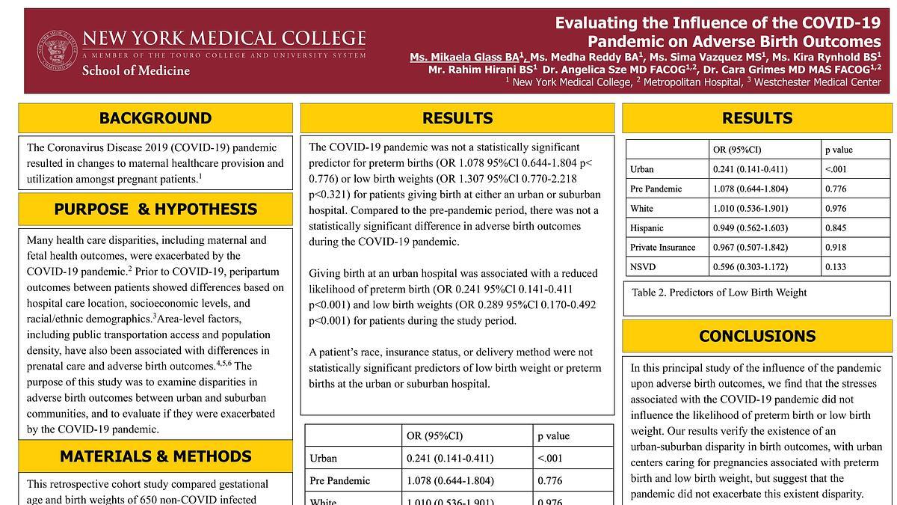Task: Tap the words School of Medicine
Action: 135,71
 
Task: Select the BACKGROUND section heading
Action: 155,118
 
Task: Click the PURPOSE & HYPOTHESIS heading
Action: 155,209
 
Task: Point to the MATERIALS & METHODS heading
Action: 155,456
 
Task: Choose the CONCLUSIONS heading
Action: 757,337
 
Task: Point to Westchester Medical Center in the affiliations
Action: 818,82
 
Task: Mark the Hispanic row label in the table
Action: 647,228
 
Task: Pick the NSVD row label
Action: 642,267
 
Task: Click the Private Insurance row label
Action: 662,248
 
